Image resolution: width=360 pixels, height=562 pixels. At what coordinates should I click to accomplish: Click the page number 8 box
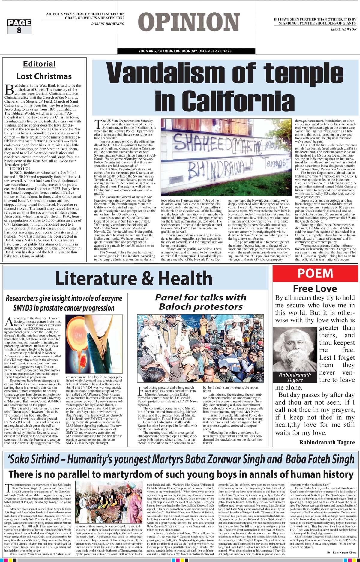(19, 27)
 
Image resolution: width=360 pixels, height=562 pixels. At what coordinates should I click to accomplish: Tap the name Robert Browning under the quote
(108, 24)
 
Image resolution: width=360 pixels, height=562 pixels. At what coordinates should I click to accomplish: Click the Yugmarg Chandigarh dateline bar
(186, 52)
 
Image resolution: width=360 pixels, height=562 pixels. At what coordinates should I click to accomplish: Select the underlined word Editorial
(39, 64)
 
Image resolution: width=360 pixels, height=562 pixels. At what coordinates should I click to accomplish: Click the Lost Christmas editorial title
(44, 76)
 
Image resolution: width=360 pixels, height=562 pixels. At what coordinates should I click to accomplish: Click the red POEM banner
(315, 273)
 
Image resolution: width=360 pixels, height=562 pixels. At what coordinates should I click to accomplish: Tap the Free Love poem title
(315, 288)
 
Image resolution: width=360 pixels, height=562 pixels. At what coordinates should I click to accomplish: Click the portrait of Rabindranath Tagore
(295, 349)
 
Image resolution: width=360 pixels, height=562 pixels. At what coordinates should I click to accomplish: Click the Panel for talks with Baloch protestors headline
(200, 302)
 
